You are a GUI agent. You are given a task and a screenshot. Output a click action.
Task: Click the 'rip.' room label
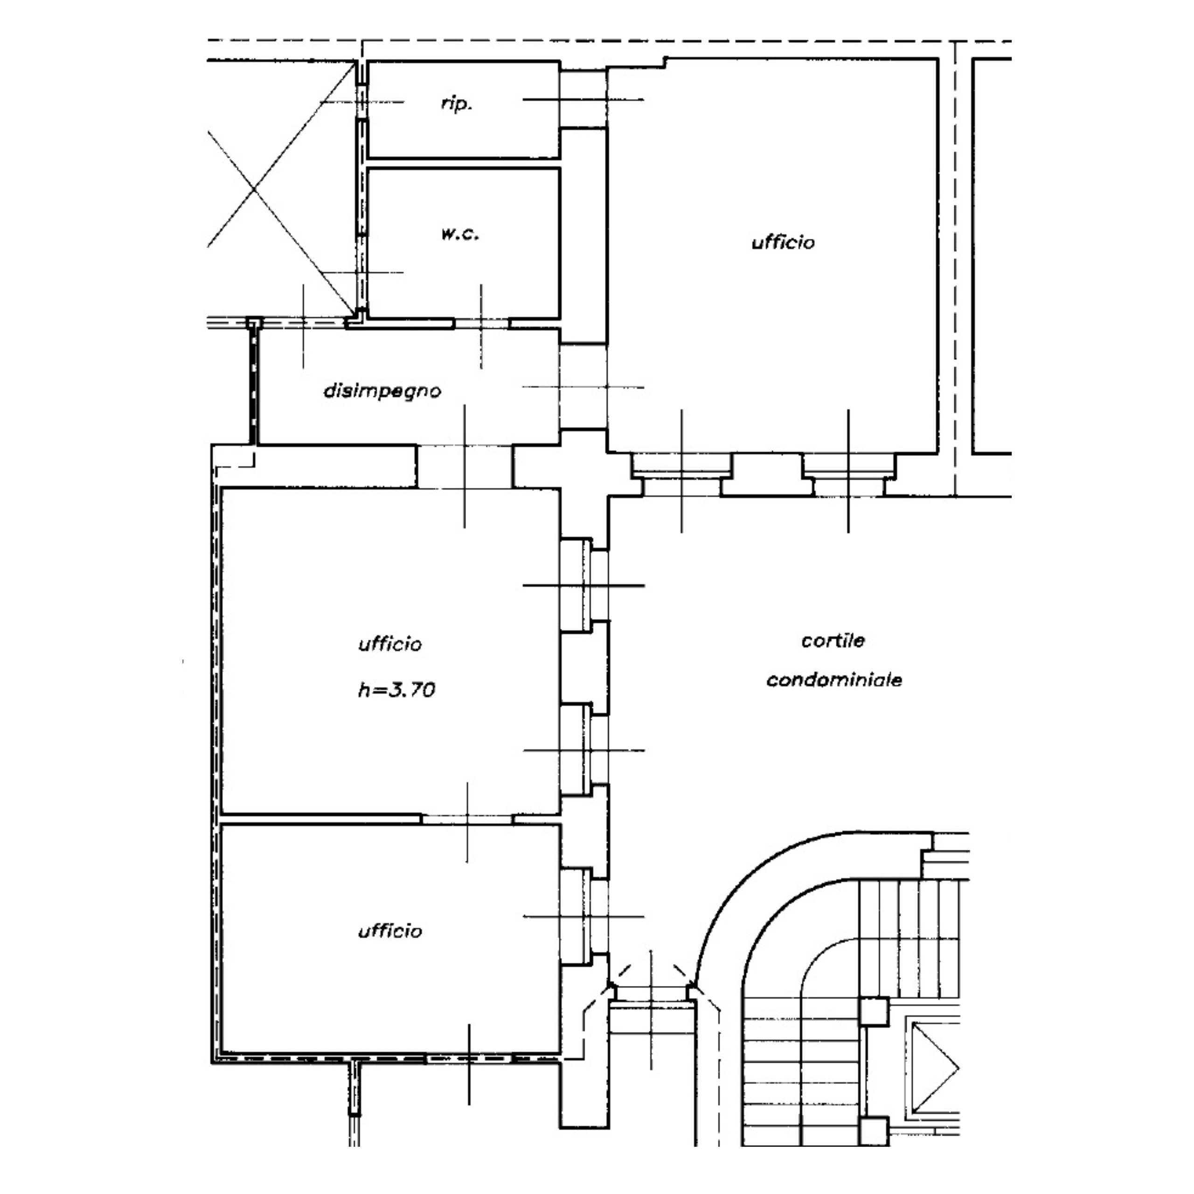coord(457,104)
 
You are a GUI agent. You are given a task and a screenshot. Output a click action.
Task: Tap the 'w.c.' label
coord(460,234)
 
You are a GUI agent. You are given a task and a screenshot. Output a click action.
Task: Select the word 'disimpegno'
coord(382,391)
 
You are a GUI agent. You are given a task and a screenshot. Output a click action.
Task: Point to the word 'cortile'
coord(833,640)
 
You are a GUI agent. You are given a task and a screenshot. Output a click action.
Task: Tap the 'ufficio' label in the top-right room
coord(783,242)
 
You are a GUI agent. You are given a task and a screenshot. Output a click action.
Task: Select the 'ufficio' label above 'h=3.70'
coord(390,644)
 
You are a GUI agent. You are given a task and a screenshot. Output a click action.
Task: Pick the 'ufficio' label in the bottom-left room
coord(390,931)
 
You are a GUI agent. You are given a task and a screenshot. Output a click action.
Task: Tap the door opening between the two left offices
coord(467,819)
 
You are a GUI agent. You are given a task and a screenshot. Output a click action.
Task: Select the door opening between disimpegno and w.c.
coord(481,323)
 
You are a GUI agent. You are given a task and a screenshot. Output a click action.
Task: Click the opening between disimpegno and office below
coord(465,466)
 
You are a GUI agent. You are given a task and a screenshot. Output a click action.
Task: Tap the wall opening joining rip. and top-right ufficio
coord(583,99)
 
